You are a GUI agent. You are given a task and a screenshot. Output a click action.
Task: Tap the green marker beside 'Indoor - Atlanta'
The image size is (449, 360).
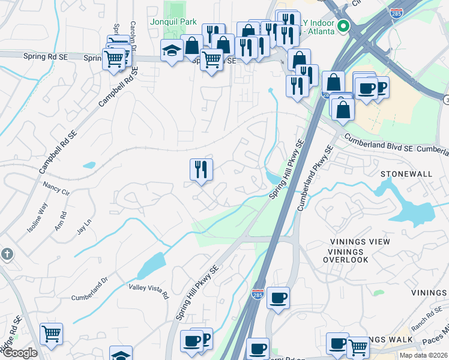pyautogui.click(x=343, y=26)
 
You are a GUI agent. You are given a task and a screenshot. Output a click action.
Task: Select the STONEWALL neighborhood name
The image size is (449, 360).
pyautogui.click(x=406, y=173)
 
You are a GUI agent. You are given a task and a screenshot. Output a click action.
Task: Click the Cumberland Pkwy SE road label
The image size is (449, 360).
pyautogui.click(x=314, y=178)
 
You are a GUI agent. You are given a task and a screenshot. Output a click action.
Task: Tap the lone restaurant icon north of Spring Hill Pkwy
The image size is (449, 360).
pyautogui.click(x=201, y=169)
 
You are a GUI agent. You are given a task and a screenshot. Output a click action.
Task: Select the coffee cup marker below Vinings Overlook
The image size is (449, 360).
pyautogui.click(x=278, y=298)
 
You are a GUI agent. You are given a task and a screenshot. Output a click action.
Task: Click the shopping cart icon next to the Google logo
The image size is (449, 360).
pyautogui.click(x=51, y=333)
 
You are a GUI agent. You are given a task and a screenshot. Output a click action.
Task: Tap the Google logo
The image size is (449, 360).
pyautogui.click(x=20, y=353)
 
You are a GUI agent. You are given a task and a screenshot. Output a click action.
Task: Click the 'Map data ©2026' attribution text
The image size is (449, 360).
pyautogui.click(x=423, y=355)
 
